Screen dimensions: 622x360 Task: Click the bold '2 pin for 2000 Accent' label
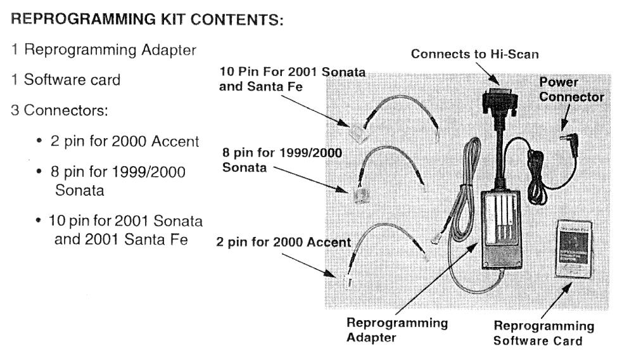coord(283,242)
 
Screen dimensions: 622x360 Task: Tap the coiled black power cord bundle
coord(540,178)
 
